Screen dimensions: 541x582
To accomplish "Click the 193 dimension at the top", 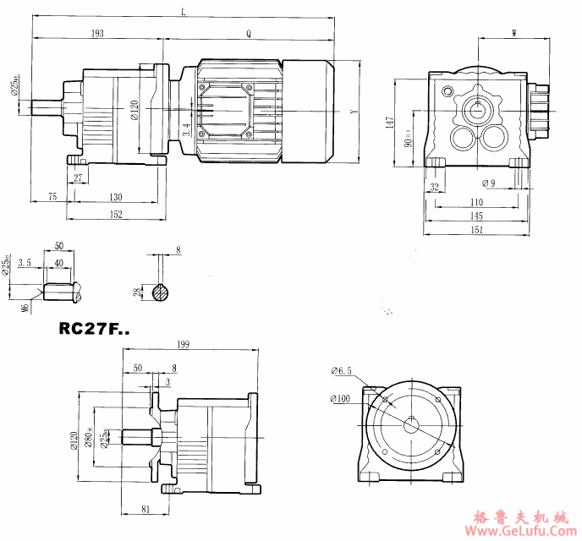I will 97,33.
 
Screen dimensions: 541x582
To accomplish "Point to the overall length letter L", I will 184,11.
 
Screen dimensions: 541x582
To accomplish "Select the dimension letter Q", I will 249,33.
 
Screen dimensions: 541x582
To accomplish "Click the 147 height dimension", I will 390,123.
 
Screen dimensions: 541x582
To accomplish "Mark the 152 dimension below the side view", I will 116,215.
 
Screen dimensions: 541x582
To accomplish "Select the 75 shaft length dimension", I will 52,197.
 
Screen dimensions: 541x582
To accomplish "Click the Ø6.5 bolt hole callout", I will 341,371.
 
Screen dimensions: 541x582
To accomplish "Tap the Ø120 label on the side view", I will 135,110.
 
